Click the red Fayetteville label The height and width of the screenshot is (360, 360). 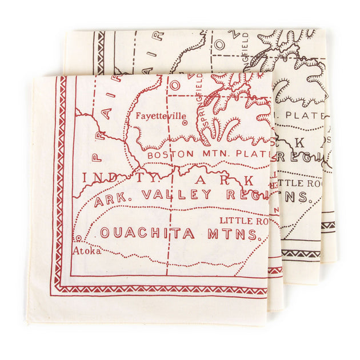[161, 116]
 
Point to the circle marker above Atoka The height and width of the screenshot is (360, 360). [78, 239]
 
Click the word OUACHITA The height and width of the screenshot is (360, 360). [147, 233]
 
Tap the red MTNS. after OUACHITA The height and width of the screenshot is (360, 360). [237, 234]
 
